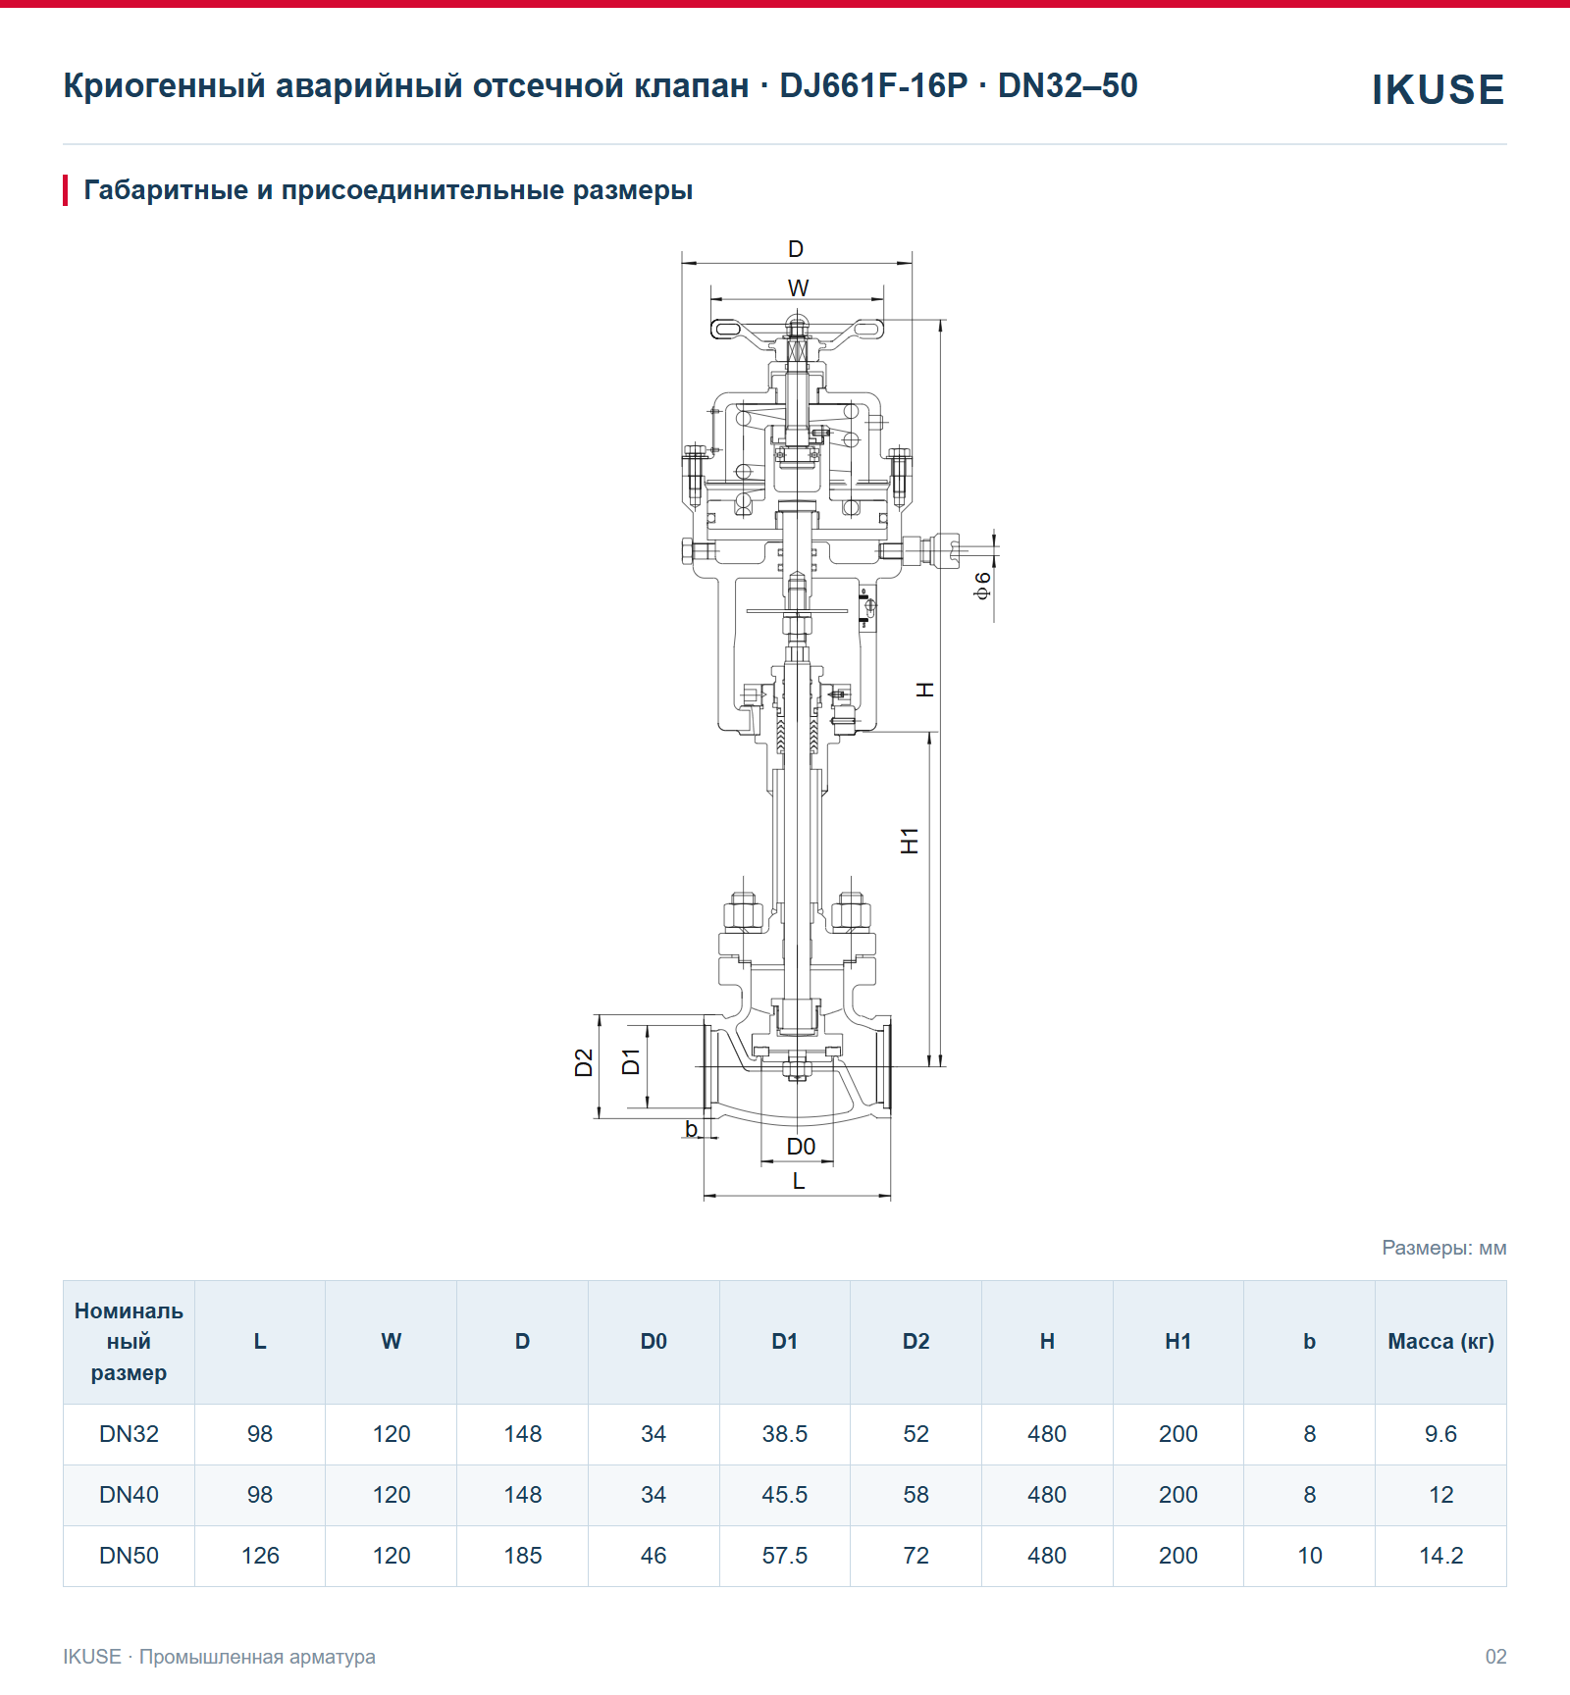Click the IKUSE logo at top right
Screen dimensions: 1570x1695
click(x=1438, y=89)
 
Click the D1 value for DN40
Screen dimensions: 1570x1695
click(x=785, y=1495)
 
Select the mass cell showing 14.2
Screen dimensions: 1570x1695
click(x=1440, y=1556)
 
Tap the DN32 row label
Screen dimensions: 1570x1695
click(x=129, y=1434)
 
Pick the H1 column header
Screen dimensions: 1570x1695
click(x=1177, y=1342)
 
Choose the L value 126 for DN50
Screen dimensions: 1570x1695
click(x=260, y=1556)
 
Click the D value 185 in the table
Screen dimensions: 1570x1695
click(x=523, y=1556)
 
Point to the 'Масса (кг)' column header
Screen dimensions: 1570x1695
click(x=1440, y=1342)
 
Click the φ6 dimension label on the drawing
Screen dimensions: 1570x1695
click(x=982, y=585)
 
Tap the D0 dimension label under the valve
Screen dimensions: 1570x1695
click(x=801, y=1146)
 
